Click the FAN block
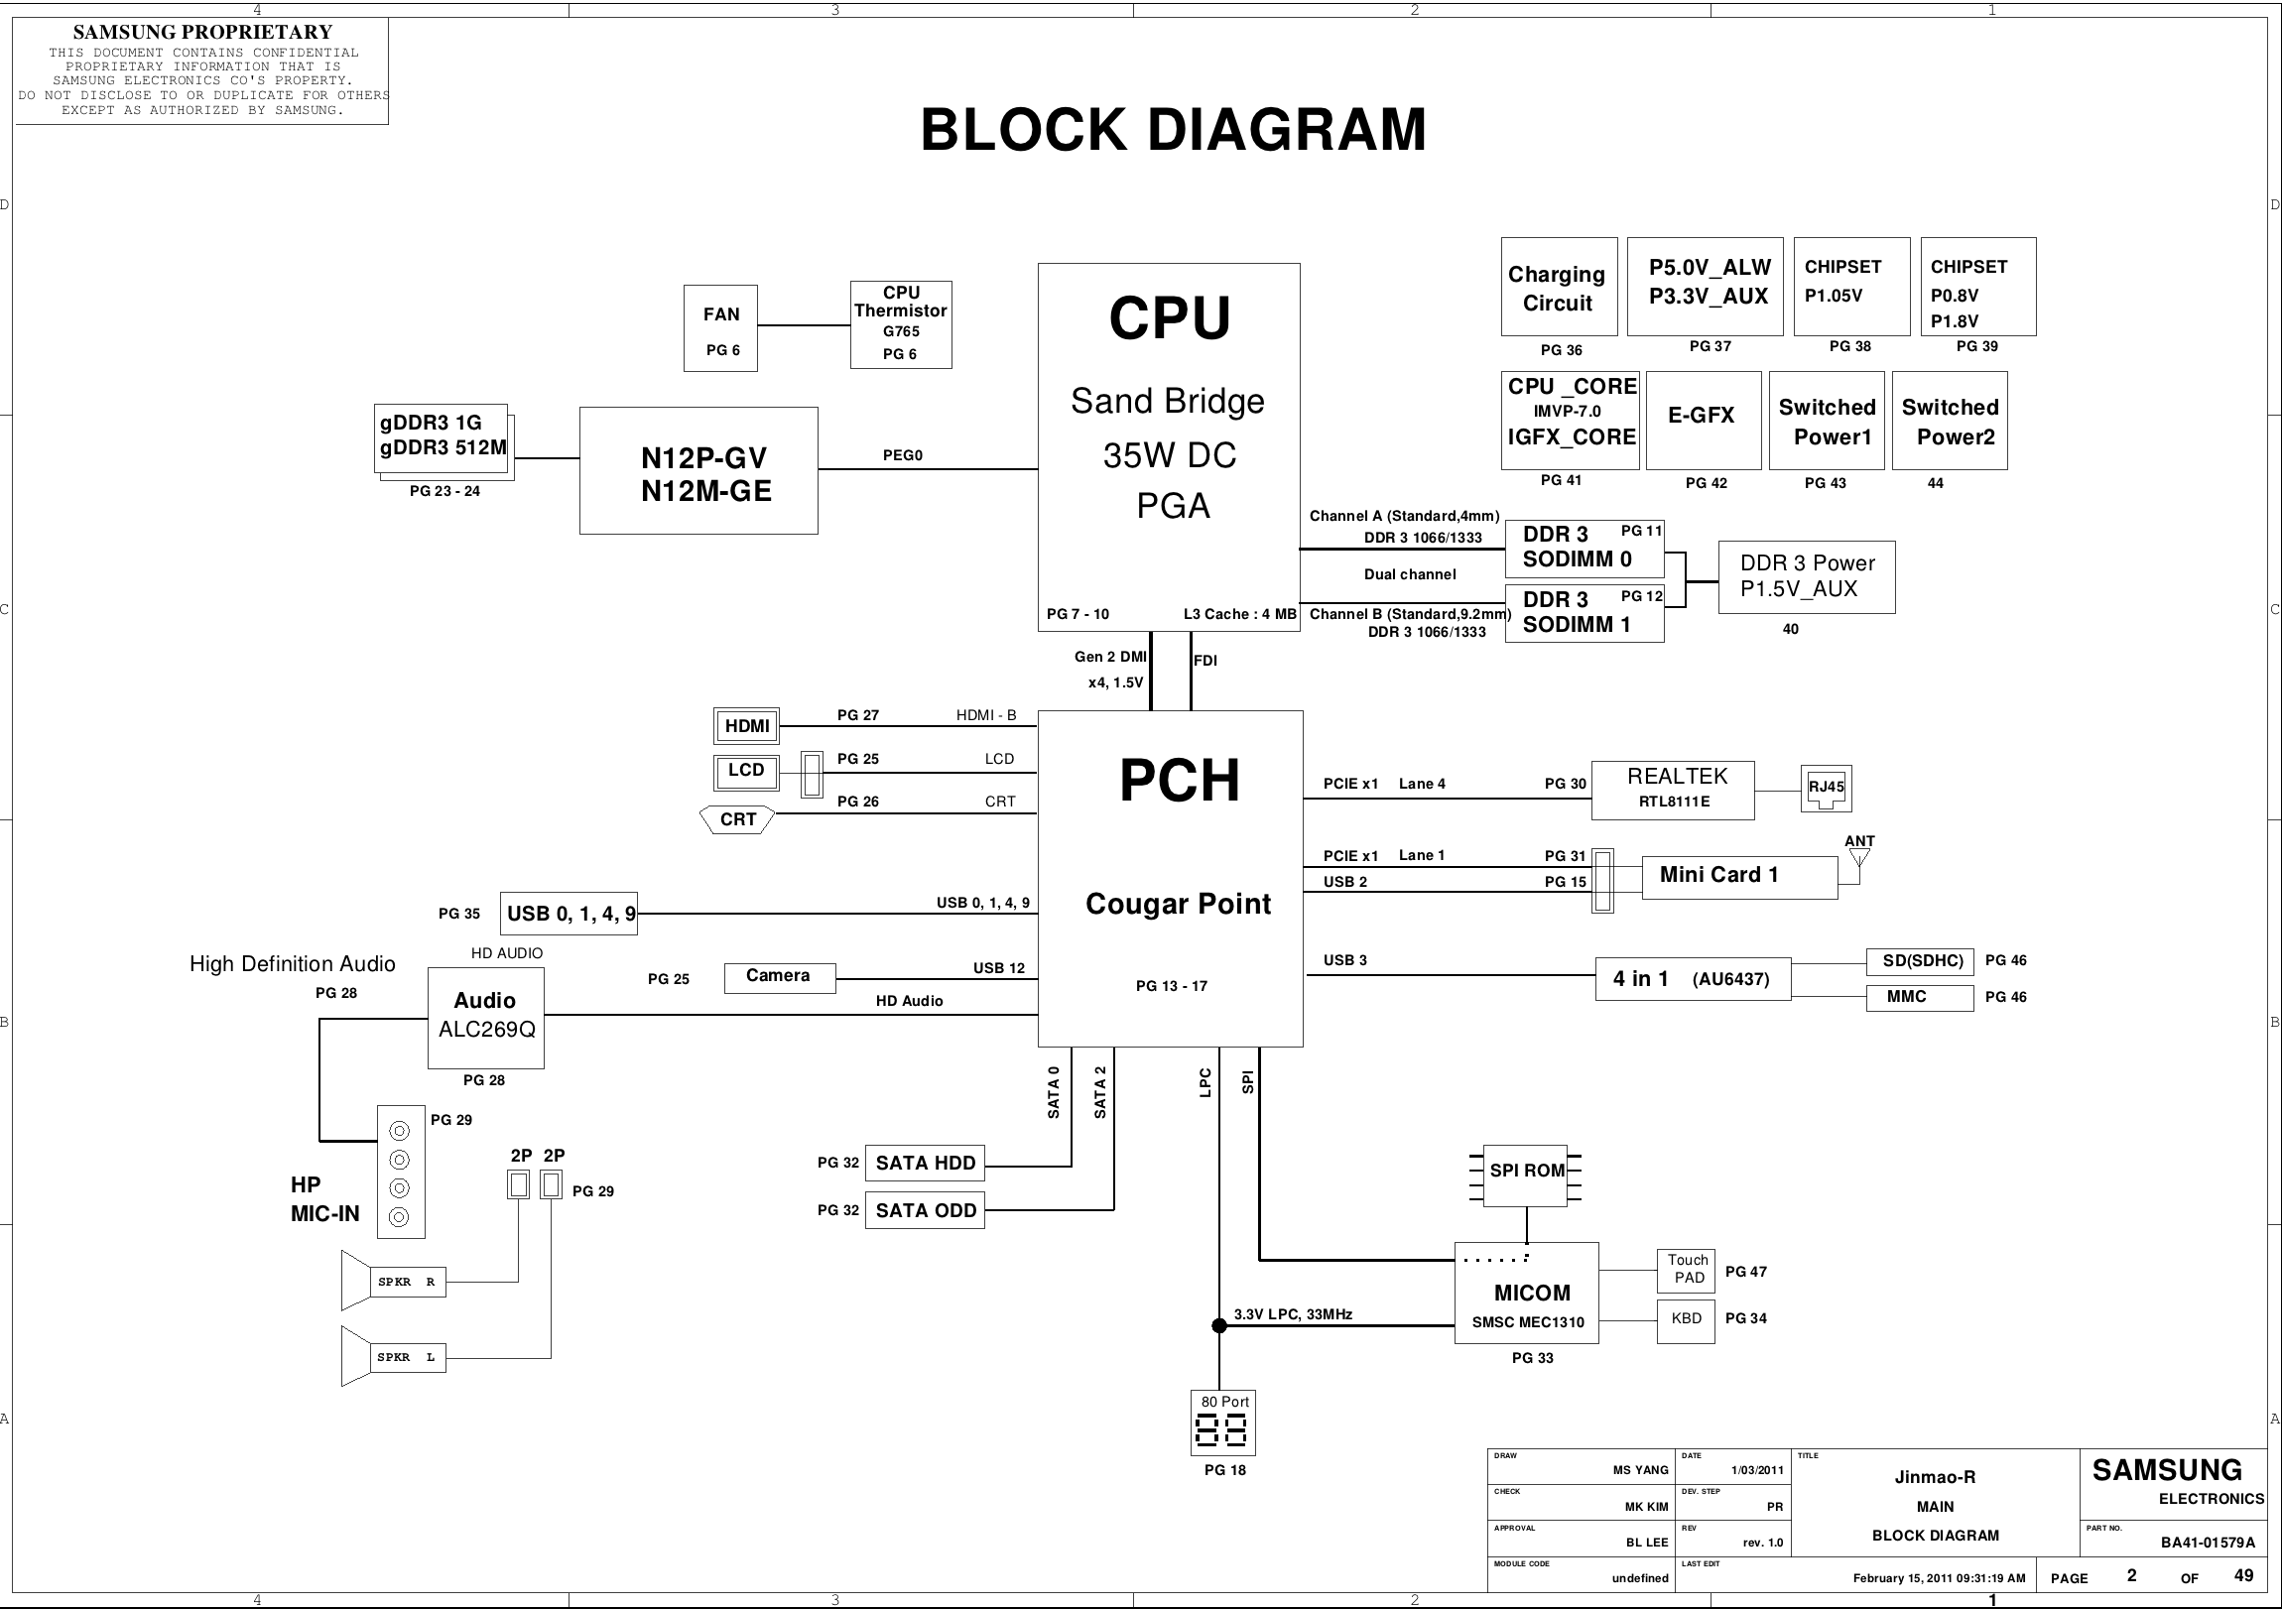pyautogui.click(x=720, y=328)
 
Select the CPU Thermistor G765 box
pyautogui.click(x=901, y=324)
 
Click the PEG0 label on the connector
pyautogui.click(x=903, y=455)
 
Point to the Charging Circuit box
pyautogui.click(x=1559, y=288)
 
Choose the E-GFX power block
pyautogui.click(x=1704, y=420)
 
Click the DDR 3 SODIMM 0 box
pyautogui.click(x=1585, y=549)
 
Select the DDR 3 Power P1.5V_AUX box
pyautogui.click(x=1806, y=576)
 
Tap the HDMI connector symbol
pyautogui.click(x=747, y=726)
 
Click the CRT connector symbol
pyautogui.click(x=738, y=820)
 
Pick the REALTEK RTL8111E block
pyautogui.click(x=1673, y=790)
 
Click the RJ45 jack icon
pyautogui.click(x=1826, y=788)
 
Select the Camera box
pyautogui.click(x=779, y=977)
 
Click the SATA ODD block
pyautogui.click(x=925, y=1210)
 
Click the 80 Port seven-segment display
pyautogui.click(x=1223, y=1423)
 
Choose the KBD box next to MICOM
pyautogui.click(x=1686, y=1319)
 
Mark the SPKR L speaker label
pyautogui.click(x=408, y=1358)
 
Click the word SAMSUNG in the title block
pyautogui.click(x=2166, y=1471)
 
